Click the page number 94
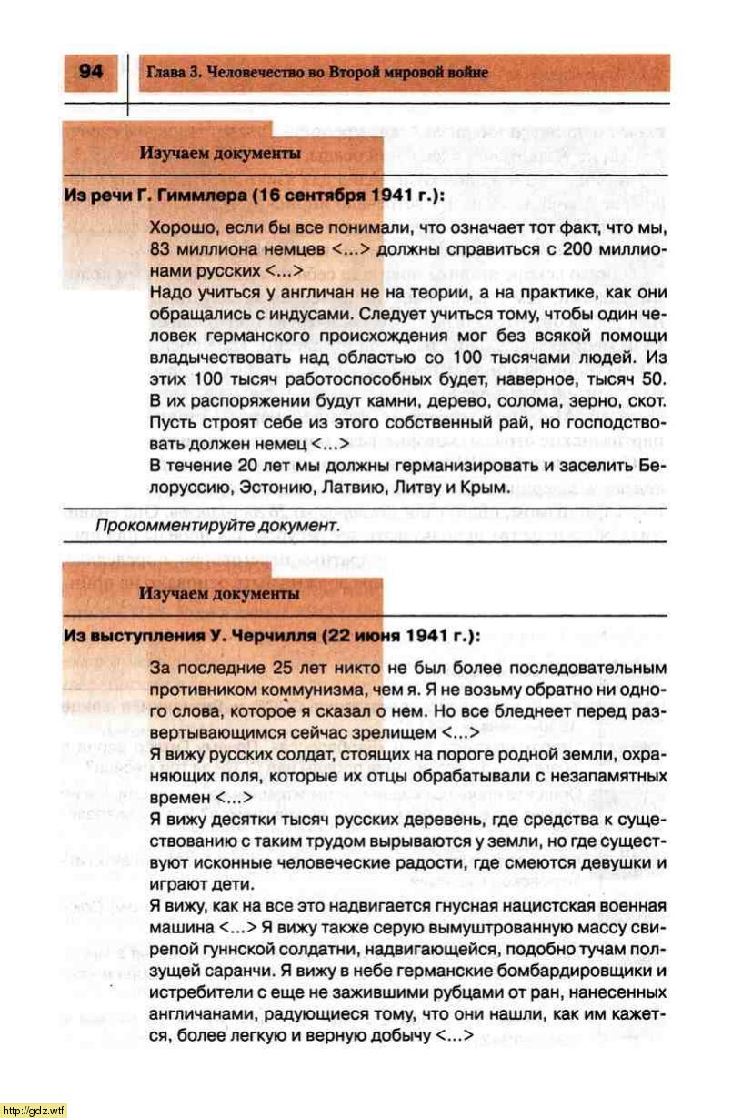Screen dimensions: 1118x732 point(90,72)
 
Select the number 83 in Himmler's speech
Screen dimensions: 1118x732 point(160,248)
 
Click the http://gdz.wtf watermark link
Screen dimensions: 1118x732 point(34,1110)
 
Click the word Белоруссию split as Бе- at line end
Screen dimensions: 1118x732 point(653,466)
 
